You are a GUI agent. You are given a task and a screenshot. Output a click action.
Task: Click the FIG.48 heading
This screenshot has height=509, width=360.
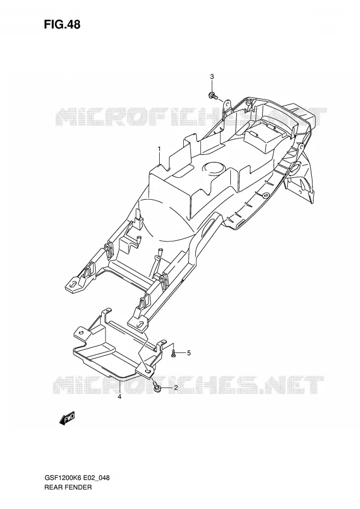62,24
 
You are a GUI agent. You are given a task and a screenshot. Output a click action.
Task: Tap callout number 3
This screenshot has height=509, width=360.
212,77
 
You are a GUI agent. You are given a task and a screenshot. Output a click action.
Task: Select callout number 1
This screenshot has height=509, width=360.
159,149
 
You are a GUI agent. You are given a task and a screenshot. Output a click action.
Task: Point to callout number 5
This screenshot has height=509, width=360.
189,353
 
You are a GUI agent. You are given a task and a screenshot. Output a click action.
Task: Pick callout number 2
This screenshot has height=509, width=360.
176,387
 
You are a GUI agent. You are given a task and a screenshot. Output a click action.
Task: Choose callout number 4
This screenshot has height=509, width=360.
119,397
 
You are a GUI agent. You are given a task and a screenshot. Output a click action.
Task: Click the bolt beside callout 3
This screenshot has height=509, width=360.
213,96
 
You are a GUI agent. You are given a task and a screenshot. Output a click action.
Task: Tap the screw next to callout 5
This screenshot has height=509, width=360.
174,353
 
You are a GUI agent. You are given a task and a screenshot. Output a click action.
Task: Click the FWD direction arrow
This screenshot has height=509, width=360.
67,418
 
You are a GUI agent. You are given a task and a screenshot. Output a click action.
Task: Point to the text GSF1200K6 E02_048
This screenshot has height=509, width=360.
77,478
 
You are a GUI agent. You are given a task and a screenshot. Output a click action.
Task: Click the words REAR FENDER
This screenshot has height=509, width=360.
68,487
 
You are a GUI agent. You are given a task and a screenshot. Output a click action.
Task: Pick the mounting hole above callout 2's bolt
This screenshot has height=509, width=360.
148,372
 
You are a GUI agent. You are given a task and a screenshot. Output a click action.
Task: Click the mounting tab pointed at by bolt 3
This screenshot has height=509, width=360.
229,104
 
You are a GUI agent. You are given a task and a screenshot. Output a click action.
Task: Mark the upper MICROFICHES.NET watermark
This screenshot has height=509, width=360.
191,117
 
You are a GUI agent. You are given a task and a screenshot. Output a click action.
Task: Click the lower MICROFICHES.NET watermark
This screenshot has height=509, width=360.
188,385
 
